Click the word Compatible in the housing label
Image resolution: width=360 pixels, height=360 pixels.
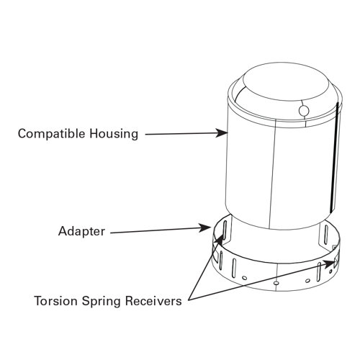(x=48, y=134)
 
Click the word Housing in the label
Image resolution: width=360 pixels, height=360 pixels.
(x=112, y=134)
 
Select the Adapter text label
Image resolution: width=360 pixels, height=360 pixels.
(x=81, y=232)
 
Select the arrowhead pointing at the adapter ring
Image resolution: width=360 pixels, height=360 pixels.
(x=208, y=228)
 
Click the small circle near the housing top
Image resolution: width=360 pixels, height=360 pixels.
(x=302, y=111)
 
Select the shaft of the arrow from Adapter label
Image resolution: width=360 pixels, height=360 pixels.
(x=158, y=231)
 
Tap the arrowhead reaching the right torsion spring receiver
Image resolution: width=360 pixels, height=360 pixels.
(x=329, y=264)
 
